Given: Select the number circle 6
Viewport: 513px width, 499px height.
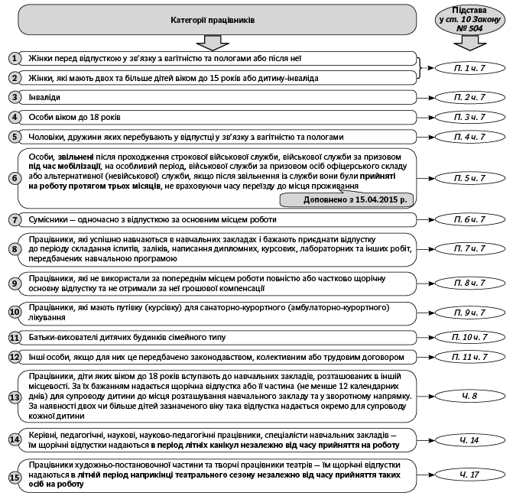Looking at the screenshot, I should (15, 178).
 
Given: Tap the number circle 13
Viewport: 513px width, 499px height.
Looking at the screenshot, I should (15, 397).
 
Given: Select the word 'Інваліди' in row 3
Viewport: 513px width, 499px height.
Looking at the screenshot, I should (45, 98).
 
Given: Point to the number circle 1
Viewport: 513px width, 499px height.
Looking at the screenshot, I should (15, 58).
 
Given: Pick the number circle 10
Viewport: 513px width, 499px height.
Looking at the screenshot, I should (15, 312).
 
